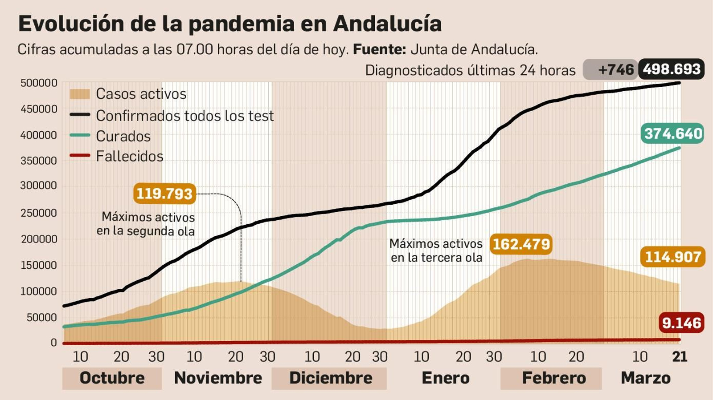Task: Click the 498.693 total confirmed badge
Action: click(671, 69)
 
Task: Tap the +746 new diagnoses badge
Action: click(611, 70)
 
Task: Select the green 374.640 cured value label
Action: click(672, 133)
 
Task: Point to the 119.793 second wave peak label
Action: click(164, 194)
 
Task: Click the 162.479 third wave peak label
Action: click(521, 244)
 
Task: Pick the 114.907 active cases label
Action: click(673, 257)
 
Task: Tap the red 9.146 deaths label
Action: click(681, 323)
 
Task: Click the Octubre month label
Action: click(112, 378)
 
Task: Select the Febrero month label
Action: click(554, 378)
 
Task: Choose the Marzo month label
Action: click(645, 378)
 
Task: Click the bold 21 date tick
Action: click(680, 356)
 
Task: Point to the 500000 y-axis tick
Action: click(39, 83)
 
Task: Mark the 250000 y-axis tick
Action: click(39, 213)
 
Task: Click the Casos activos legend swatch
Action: click(80, 94)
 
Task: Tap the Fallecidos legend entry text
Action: click(130, 156)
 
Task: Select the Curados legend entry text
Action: click(123, 136)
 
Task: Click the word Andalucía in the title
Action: click(387, 24)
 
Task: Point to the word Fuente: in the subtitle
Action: click(379, 49)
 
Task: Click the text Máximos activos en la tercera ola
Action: click(436, 251)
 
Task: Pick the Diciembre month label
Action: click(331, 378)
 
